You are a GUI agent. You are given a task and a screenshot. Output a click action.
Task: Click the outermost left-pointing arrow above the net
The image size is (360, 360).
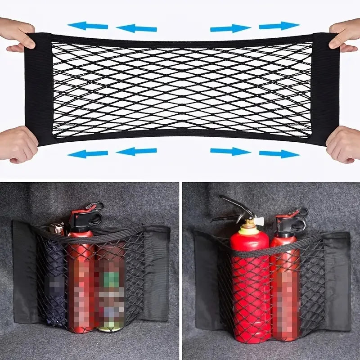pos(88,26)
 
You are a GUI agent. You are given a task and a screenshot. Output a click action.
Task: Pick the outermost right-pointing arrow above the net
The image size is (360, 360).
pos(279,26)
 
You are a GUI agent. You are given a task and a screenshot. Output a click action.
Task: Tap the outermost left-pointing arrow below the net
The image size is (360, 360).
pos(88,153)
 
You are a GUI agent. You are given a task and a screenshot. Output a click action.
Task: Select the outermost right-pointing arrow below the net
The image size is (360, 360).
pos(279,153)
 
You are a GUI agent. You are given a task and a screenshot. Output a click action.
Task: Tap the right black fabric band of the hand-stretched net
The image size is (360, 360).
pos(325,88)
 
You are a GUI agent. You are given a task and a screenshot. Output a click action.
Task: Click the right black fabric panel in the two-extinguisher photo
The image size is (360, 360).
pos(337,279)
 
